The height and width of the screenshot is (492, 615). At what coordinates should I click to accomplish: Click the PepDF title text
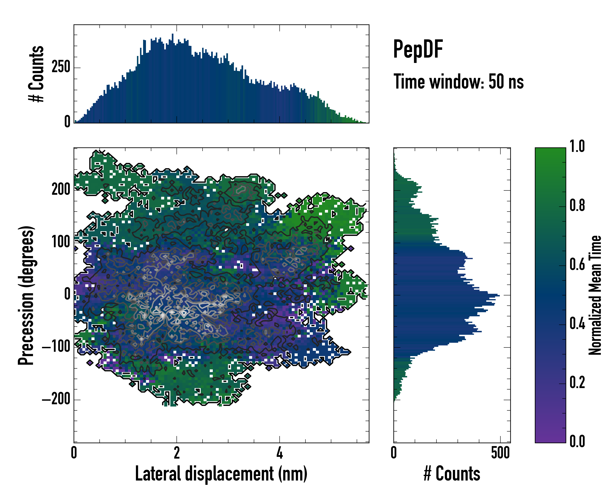418,49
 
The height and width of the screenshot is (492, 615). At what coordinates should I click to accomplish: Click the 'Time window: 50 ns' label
458,82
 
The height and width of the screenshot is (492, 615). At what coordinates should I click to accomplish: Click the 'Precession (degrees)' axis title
26,295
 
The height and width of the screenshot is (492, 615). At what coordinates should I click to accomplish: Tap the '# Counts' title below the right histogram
452,474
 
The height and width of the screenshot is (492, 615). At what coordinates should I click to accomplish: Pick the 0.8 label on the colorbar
577,205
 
